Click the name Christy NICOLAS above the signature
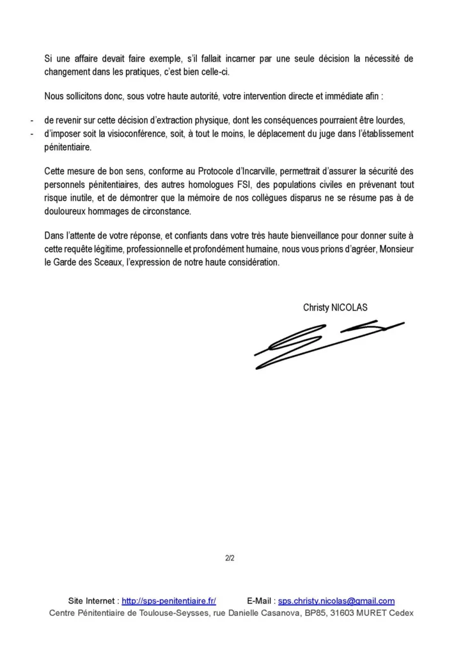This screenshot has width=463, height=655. coord(335,307)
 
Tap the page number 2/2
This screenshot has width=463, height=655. coord(230,558)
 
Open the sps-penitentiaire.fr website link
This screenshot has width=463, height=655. coord(169,601)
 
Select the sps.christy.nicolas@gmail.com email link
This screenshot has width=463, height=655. coord(336,601)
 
